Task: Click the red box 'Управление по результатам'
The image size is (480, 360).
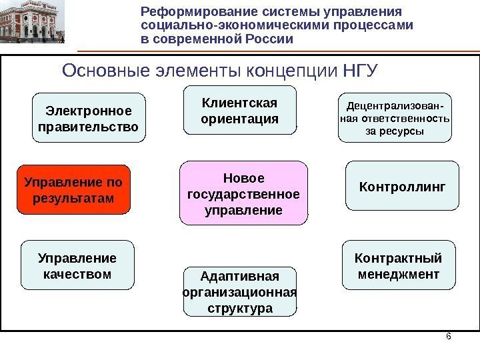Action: [x=73, y=189]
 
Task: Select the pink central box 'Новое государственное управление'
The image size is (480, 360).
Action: [x=244, y=194]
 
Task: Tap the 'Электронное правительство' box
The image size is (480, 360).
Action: [x=89, y=118]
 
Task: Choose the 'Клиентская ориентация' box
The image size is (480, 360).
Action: [x=239, y=111]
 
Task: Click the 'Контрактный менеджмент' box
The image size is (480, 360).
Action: [x=398, y=266]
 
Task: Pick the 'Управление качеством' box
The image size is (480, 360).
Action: [x=77, y=266]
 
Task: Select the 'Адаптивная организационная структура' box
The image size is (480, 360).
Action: [x=240, y=292]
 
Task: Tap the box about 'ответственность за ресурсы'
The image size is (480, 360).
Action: [x=395, y=118]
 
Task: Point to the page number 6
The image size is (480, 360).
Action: [x=448, y=336]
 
